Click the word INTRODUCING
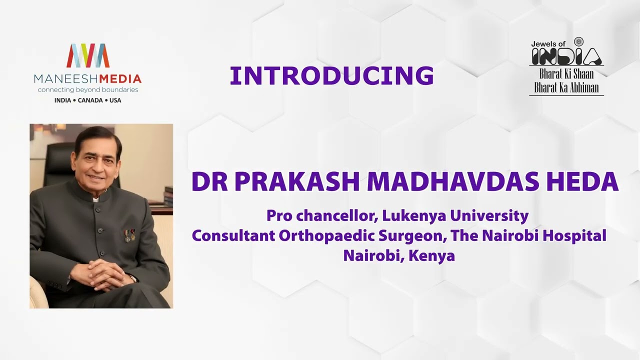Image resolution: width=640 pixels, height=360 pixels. click(x=331, y=76)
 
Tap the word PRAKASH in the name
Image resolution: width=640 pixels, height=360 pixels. click(x=297, y=182)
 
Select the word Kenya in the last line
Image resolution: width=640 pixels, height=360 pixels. click(x=431, y=255)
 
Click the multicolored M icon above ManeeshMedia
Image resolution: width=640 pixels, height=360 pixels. click(x=87, y=55)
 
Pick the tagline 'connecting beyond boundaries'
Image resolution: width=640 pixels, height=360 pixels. click(x=87, y=90)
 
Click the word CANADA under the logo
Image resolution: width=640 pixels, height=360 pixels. click(x=90, y=100)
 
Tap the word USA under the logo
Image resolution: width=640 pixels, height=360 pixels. click(x=115, y=100)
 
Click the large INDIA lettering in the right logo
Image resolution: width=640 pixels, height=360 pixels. click(x=566, y=56)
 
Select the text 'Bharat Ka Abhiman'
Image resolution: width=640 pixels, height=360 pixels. click(x=566, y=88)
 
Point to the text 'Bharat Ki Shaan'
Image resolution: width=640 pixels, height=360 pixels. click(x=566, y=74)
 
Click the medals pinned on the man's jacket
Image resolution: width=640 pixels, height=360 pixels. click(x=129, y=234)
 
